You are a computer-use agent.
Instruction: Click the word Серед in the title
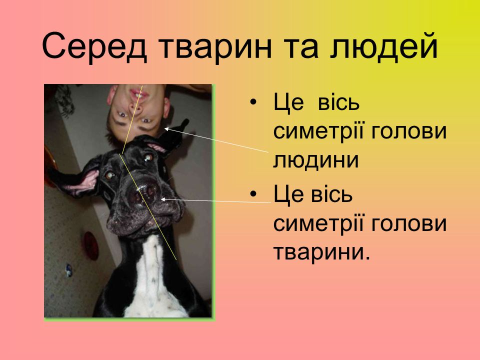pyautogui.click(x=94, y=47)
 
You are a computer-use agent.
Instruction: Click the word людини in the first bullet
pyautogui.click(x=315, y=160)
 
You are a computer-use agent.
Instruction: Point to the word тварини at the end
pyautogui.click(x=321, y=252)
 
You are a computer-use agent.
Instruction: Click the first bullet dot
pyautogui.click(x=253, y=102)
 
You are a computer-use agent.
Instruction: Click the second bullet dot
pyautogui.click(x=253, y=194)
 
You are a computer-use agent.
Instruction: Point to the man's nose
pyautogui.click(x=136, y=105)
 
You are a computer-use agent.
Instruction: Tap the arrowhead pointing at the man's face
pyautogui.click(x=166, y=129)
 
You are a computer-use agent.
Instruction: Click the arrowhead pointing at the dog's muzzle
pyautogui.click(x=163, y=199)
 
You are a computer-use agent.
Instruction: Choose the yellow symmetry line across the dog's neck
pyautogui.click(x=147, y=207)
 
